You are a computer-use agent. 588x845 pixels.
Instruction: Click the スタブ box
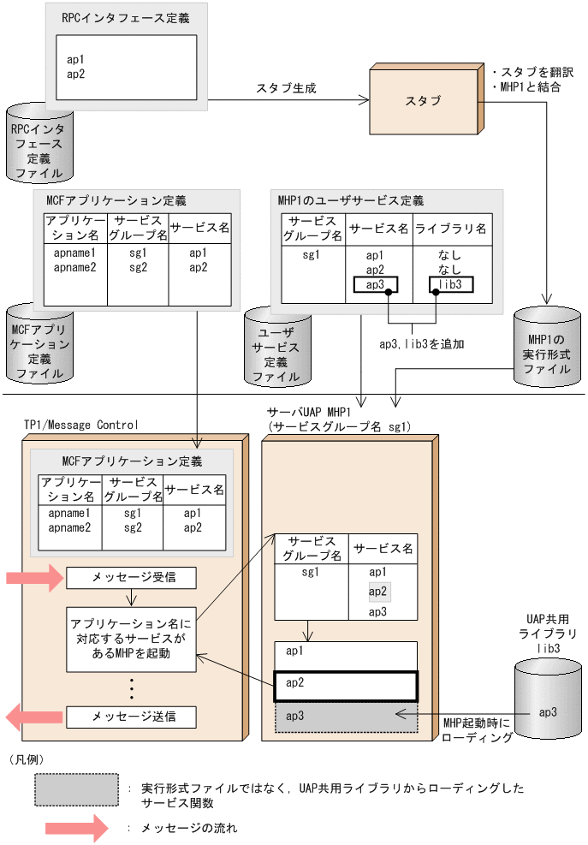click(425, 100)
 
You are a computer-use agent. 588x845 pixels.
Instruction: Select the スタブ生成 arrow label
click(285, 87)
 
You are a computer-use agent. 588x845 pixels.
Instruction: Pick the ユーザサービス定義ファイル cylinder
click(276, 345)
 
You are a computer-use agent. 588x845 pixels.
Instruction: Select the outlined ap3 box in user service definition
click(374, 285)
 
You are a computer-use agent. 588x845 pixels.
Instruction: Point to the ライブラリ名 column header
click(451, 229)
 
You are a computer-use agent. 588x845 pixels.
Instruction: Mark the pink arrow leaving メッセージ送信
click(34, 716)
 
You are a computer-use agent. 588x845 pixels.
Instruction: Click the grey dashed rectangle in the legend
click(76, 787)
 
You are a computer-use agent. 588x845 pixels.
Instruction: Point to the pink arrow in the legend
click(76, 828)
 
